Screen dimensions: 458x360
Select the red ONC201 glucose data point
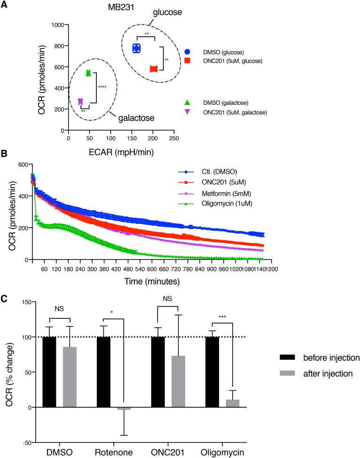tap(154, 69)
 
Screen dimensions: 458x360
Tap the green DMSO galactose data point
tap(88, 73)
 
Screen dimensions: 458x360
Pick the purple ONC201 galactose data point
tap(80, 101)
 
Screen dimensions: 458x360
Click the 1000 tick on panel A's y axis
tap(58, 24)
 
